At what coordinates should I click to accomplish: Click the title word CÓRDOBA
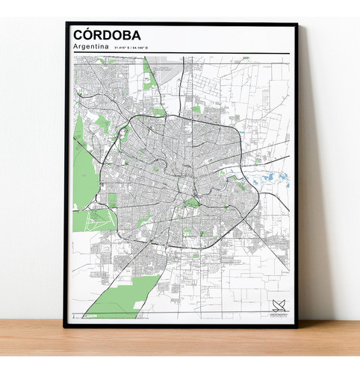[107, 34]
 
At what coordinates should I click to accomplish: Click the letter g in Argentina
[84, 48]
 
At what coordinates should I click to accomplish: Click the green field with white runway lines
[98, 219]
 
